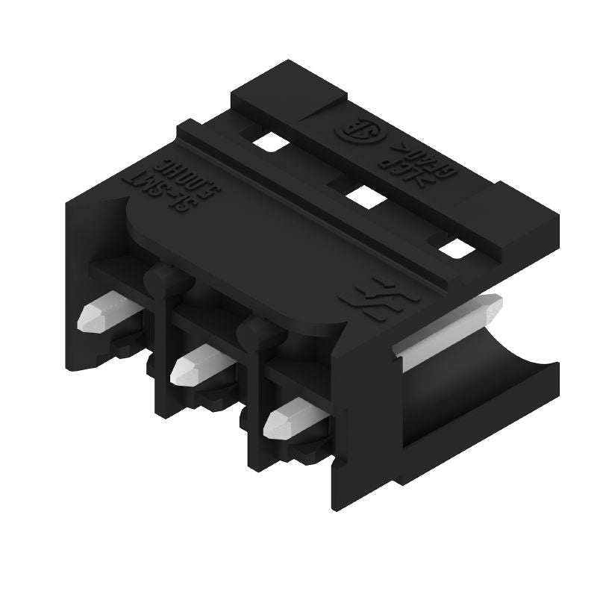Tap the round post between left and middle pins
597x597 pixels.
click(x=160, y=281)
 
